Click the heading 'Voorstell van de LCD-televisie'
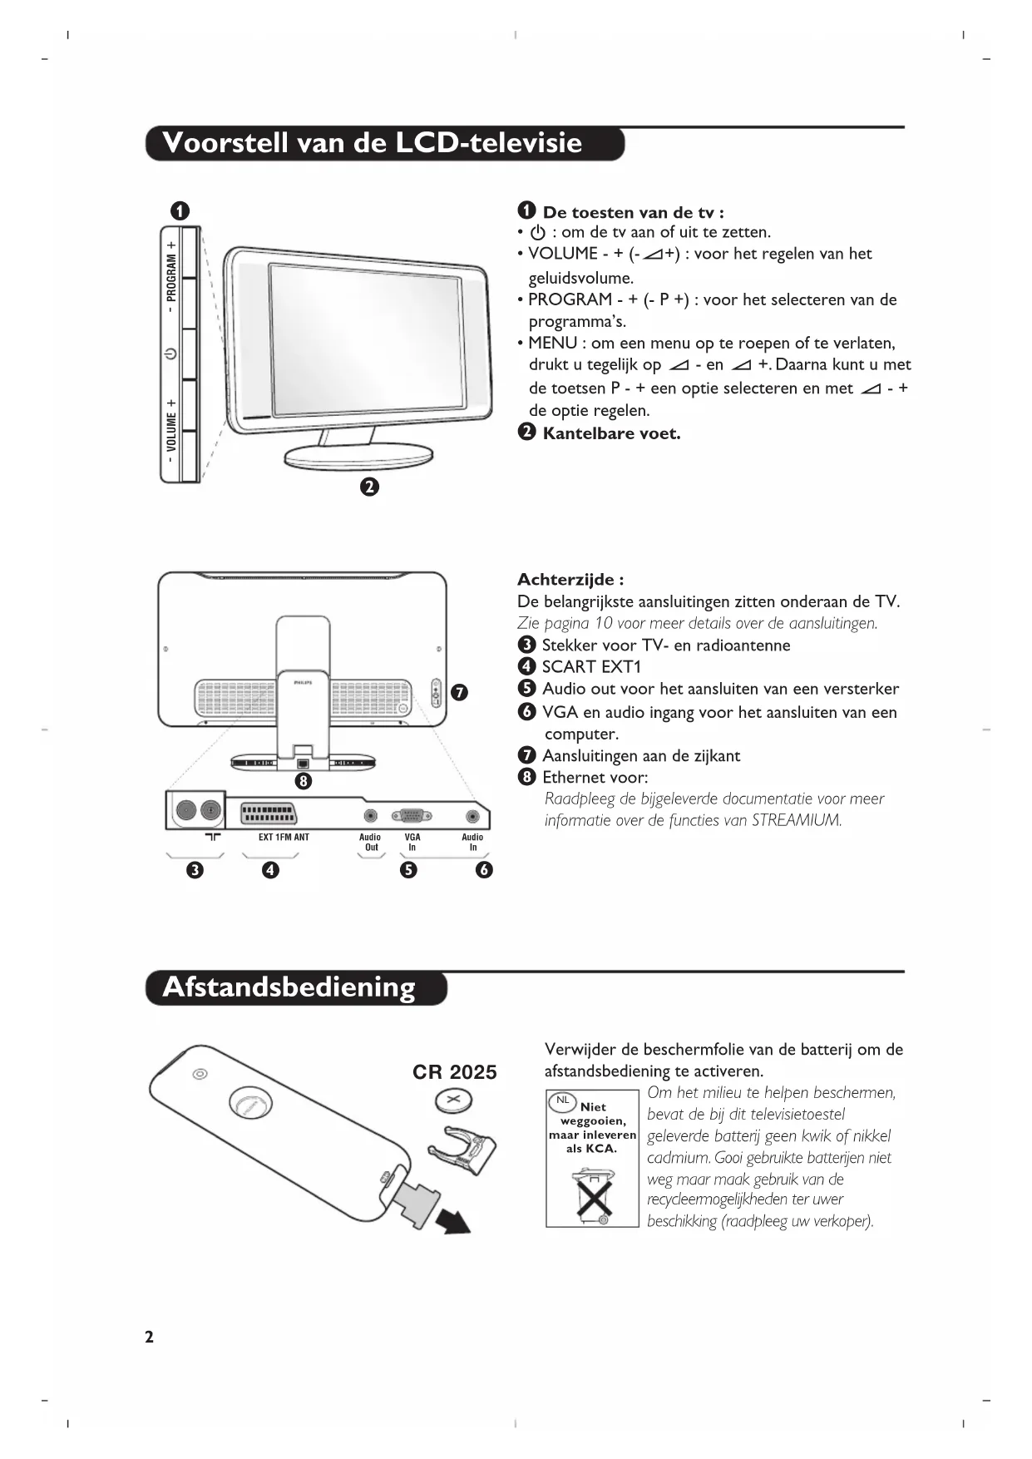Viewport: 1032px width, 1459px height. [x=372, y=143]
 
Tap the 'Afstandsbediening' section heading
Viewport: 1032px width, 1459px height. [x=289, y=987]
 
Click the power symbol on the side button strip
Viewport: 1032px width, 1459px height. [x=170, y=354]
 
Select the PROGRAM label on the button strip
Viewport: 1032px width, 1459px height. [x=171, y=277]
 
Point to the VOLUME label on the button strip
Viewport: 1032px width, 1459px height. [x=171, y=433]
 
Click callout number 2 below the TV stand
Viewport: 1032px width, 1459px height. [x=369, y=487]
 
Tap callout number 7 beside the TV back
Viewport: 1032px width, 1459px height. [x=459, y=692]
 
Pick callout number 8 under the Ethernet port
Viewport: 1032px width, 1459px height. [x=303, y=780]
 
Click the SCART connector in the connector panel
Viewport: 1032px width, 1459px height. [x=268, y=813]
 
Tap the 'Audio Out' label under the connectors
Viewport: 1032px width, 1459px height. [x=370, y=842]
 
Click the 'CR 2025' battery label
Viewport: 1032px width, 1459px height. [x=454, y=1072]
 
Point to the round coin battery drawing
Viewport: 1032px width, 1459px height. [x=454, y=1102]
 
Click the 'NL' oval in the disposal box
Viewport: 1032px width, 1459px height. [x=563, y=1100]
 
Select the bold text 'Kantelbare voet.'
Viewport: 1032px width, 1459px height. [x=611, y=433]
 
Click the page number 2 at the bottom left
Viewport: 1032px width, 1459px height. [x=149, y=1337]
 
